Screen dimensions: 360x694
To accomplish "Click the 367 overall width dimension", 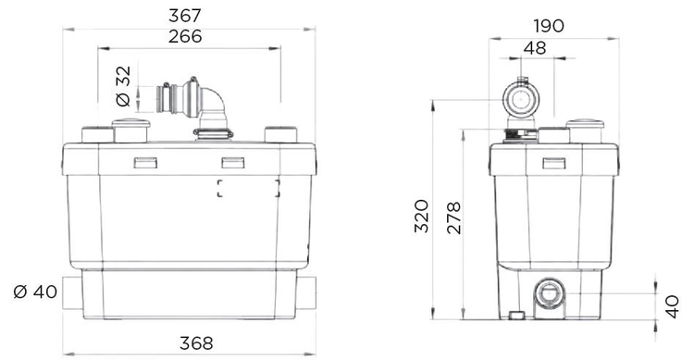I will (x=189, y=16).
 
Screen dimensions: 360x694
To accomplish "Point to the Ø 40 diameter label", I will (x=35, y=293).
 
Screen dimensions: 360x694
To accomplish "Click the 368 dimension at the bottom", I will (x=189, y=341).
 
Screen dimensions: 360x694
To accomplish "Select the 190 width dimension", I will (x=548, y=26).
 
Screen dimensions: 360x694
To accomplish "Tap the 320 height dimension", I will (x=421, y=216).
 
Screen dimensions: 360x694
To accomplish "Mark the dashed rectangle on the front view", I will (x=248, y=190).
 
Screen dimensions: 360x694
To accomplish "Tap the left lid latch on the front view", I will (x=145, y=163).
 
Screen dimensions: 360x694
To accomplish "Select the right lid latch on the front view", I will (x=231, y=163).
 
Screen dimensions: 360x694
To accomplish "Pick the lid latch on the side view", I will (x=554, y=164).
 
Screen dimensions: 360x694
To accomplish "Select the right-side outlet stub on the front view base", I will (x=306, y=292).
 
